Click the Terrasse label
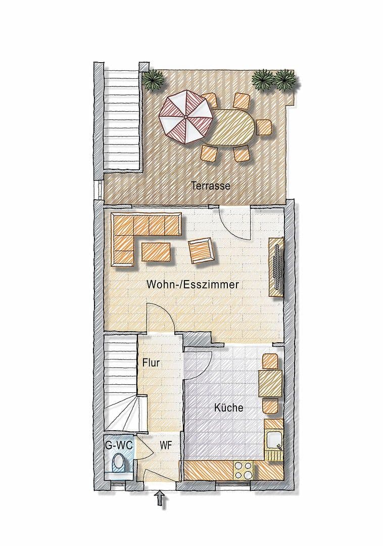211,186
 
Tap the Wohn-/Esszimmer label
193,285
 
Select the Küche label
228,407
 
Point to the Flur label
151,362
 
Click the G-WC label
119,446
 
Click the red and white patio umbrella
185,117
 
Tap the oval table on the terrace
233,127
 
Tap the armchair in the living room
202,251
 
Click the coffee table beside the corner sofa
156,252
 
